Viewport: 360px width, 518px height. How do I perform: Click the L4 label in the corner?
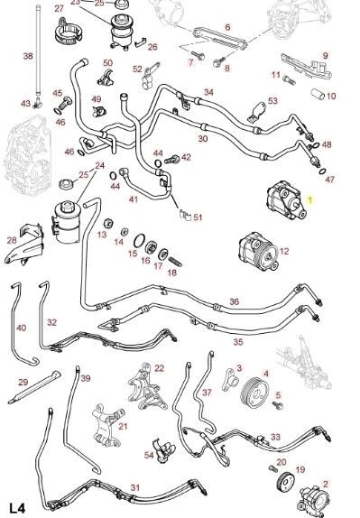(x=16, y=508)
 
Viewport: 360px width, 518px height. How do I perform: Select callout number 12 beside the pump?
(x=284, y=252)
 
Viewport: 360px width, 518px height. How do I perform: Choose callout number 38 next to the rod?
(x=28, y=56)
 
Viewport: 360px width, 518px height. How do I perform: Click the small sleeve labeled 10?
(x=318, y=94)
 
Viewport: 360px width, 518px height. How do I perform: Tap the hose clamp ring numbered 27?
(x=68, y=32)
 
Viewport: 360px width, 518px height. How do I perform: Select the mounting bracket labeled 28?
(x=24, y=245)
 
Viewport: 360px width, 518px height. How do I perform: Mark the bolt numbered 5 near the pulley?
(x=277, y=405)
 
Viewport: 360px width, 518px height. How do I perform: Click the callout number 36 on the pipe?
(x=235, y=301)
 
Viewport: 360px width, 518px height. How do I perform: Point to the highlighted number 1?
(x=309, y=199)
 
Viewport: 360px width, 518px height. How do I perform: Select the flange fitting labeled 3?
(x=231, y=380)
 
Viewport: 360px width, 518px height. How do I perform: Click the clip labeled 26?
(x=141, y=42)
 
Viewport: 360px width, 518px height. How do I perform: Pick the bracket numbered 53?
(x=257, y=112)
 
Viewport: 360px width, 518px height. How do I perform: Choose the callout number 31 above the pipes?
(x=135, y=487)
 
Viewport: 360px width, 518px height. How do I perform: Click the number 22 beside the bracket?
(x=159, y=368)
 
